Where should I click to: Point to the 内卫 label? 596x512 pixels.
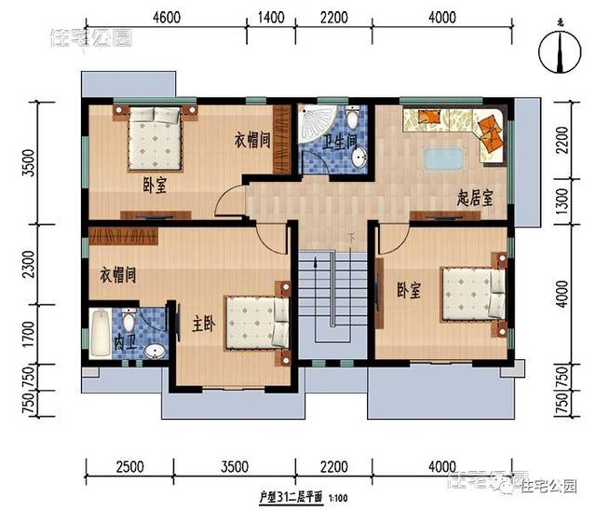click(124, 343)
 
